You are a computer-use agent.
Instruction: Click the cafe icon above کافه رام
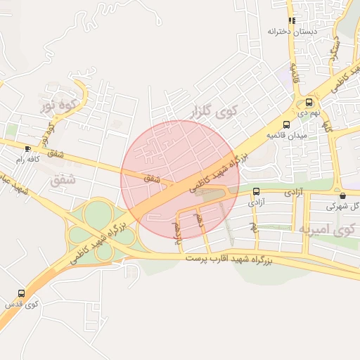(27, 148)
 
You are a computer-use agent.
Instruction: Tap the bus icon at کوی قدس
(21, 293)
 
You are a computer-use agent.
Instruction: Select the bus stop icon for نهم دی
(309, 102)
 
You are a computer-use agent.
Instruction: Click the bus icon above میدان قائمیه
(285, 124)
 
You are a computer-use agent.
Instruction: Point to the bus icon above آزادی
(256, 191)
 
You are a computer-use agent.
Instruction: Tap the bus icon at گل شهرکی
(342, 195)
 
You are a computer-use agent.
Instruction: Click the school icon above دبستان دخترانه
(292, 20)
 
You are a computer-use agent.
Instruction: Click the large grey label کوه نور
(58, 106)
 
